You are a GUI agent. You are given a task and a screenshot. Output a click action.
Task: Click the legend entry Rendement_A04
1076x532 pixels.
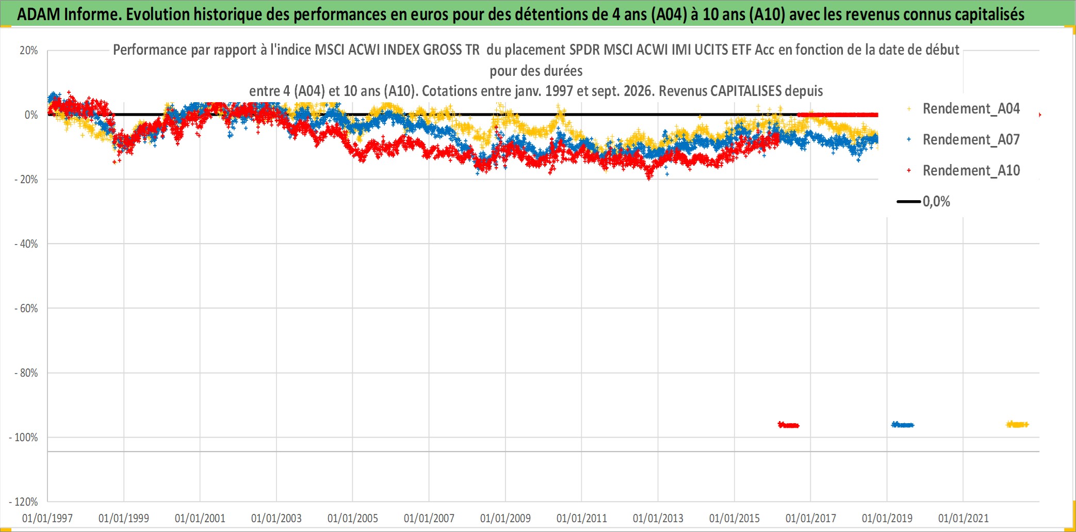[971, 108]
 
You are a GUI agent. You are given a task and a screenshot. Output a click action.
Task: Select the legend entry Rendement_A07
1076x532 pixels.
[971, 139]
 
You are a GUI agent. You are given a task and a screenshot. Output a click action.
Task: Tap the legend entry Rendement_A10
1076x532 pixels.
[971, 170]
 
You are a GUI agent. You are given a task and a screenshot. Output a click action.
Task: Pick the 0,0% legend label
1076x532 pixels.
[936, 201]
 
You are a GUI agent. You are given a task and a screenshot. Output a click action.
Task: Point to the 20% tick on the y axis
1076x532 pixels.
[29, 51]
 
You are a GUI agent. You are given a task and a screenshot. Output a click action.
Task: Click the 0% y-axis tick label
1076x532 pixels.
[31, 115]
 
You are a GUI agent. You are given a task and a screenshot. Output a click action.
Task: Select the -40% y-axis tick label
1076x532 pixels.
[26, 244]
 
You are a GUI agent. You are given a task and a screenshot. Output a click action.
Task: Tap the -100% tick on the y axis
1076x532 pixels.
[24, 438]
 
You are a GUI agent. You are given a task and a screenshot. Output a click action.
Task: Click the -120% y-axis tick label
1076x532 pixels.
[24, 502]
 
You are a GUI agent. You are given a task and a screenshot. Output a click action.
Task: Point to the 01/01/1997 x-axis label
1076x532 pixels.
[47, 518]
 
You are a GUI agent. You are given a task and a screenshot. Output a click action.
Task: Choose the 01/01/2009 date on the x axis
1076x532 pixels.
[506, 518]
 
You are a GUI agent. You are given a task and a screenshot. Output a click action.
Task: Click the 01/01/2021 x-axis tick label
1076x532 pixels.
[964, 518]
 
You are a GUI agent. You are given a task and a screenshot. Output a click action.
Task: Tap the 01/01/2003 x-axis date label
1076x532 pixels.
[276, 518]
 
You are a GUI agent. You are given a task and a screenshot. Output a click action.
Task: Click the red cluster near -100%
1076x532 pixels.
[789, 425]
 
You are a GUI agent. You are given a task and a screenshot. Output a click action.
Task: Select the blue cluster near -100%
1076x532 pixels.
[903, 425]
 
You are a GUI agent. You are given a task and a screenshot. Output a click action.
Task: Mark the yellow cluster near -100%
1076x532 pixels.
[1017, 424]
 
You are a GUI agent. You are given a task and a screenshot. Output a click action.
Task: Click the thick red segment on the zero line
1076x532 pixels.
[838, 115]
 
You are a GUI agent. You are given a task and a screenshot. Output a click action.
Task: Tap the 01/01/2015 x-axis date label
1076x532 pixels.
[735, 518]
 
